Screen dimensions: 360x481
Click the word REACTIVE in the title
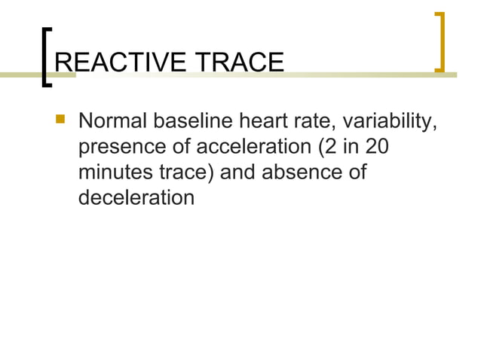coord(121,63)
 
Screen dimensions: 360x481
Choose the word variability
coord(393,122)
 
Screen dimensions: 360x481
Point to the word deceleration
coord(134,198)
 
